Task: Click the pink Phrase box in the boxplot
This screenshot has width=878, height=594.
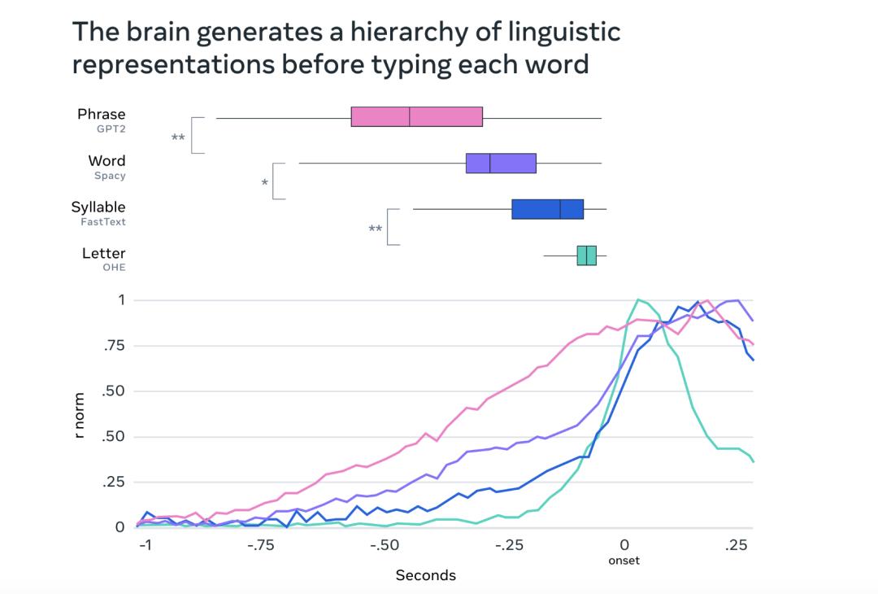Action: point(416,116)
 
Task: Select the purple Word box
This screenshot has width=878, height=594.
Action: point(501,163)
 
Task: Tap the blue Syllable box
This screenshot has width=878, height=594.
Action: point(547,209)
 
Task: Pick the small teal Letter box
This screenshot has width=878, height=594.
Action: point(586,256)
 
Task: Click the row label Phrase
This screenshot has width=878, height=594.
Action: point(102,114)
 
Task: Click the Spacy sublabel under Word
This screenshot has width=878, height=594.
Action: point(109,175)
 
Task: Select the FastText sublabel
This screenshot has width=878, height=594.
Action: point(103,221)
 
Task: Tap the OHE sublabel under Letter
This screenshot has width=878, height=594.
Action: point(114,268)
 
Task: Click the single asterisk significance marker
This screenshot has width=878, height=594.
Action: point(264,183)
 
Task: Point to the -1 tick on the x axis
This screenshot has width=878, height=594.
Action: point(146,544)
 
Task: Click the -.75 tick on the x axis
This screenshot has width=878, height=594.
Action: point(262,544)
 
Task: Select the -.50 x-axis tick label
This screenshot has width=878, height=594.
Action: point(384,544)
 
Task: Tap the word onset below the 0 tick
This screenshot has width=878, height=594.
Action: point(624,560)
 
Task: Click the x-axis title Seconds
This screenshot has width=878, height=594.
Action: point(425,575)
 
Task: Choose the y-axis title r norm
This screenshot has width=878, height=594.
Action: point(79,416)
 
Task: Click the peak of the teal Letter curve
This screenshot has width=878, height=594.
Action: point(638,299)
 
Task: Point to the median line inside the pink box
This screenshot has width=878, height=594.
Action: point(410,116)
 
